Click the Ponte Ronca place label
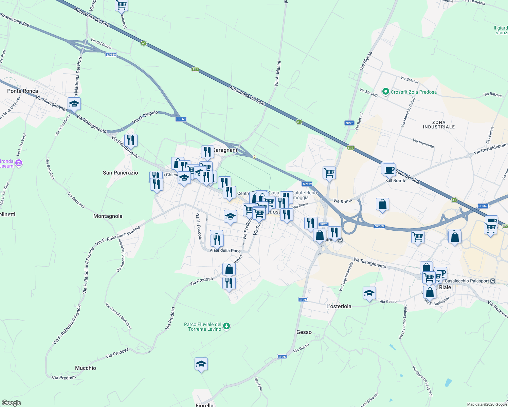tap(23, 91)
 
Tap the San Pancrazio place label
tap(120, 173)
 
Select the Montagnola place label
tap(108, 216)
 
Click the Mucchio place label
tap(86, 368)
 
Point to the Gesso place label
tap(304, 332)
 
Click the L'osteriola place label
tap(339, 306)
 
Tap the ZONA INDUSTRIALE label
tap(439, 124)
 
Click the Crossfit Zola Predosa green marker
tap(385, 92)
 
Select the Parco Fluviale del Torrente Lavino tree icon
tap(227, 326)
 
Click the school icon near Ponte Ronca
tap(74, 104)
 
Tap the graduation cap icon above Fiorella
tap(201, 364)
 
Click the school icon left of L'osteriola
tap(369, 293)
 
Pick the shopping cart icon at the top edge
tap(121, 5)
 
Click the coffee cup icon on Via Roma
tap(389, 169)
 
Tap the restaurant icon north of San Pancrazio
tap(131, 140)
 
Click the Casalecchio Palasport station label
tap(467, 281)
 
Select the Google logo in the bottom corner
tap(11, 403)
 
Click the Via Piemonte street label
tap(423, 143)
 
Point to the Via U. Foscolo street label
tap(199, 226)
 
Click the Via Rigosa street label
tap(366, 61)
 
